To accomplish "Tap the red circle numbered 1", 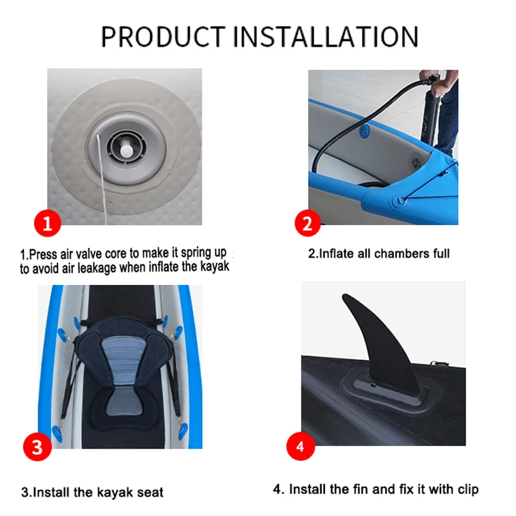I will click(47, 223).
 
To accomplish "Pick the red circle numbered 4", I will click(301, 448).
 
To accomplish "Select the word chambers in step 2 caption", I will click(389, 254).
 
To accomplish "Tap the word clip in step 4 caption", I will click(468, 489).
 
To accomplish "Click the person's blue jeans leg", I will click(446, 116).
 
